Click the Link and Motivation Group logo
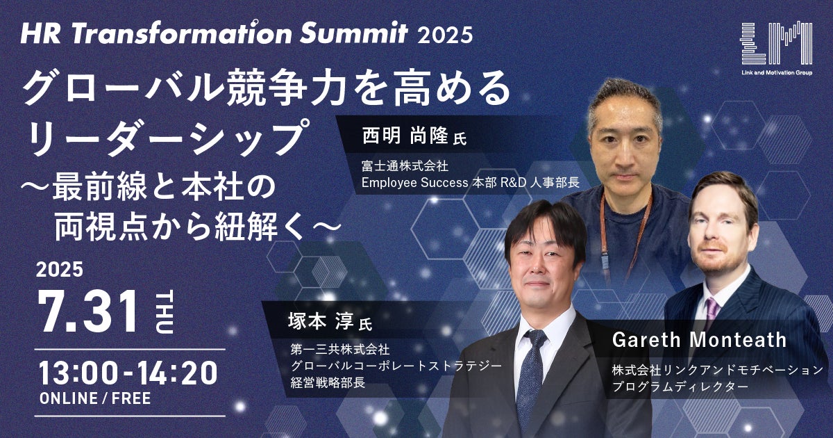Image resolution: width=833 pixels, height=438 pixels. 777,49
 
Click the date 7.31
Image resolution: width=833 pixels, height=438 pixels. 89,312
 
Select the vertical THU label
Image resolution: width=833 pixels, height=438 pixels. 164,312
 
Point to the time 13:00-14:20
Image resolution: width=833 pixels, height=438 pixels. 128,373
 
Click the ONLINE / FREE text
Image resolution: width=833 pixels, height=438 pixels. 95,398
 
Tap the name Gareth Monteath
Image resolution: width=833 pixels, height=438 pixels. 699,340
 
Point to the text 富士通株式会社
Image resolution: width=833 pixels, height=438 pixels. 405,165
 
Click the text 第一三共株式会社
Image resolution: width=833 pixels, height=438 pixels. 340,349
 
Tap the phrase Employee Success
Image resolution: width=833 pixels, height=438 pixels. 414,183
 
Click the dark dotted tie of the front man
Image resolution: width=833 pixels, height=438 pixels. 530,376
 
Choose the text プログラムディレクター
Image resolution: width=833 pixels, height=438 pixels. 680,387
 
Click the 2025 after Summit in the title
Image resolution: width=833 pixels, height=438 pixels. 445,35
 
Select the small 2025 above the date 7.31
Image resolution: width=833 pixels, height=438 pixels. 60,269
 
